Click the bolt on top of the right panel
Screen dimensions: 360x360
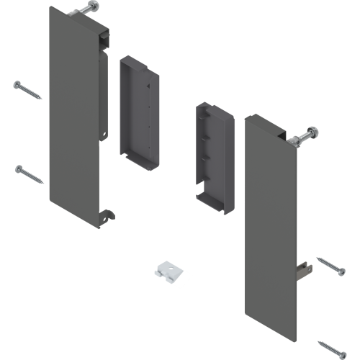(x=305, y=135)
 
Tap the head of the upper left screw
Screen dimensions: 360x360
(x=17, y=84)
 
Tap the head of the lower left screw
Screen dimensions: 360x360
(x=18, y=168)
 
